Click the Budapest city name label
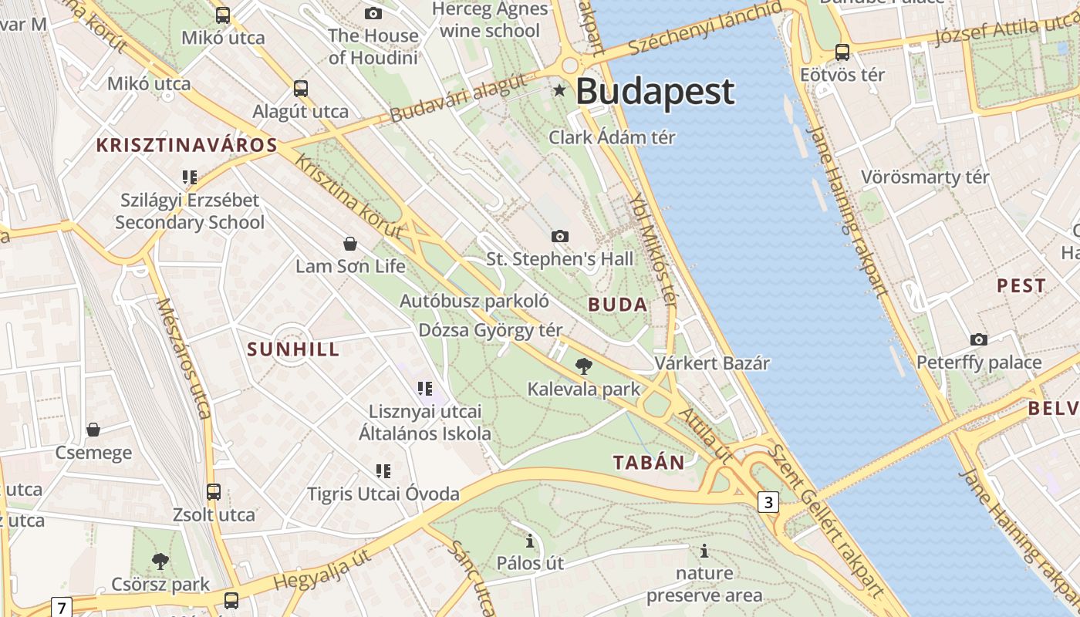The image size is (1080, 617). (655, 92)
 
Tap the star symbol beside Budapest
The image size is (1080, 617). (559, 91)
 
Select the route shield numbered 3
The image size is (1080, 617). (767, 503)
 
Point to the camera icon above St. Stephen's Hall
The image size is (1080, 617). (560, 236)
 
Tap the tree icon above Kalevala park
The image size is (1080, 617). (584, 366)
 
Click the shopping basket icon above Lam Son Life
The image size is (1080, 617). (350, 244)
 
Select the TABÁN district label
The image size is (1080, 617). (649, 463)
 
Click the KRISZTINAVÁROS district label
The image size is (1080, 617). (187, 145)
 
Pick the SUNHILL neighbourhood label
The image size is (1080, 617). (293, 349)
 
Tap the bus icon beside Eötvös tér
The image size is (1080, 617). (842, 52)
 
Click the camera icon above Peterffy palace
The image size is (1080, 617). (979, 339)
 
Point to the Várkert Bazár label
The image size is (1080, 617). (712, 362)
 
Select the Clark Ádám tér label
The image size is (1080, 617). (612, 137)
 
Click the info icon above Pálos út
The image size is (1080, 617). (530, 541)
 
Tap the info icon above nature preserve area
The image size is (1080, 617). (704, 551)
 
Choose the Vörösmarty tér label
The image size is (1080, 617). (925, 177)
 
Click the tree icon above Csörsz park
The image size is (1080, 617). (160, 561)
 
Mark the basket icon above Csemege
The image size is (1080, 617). (93, 430)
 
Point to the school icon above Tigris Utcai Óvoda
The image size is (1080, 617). (383, 470)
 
